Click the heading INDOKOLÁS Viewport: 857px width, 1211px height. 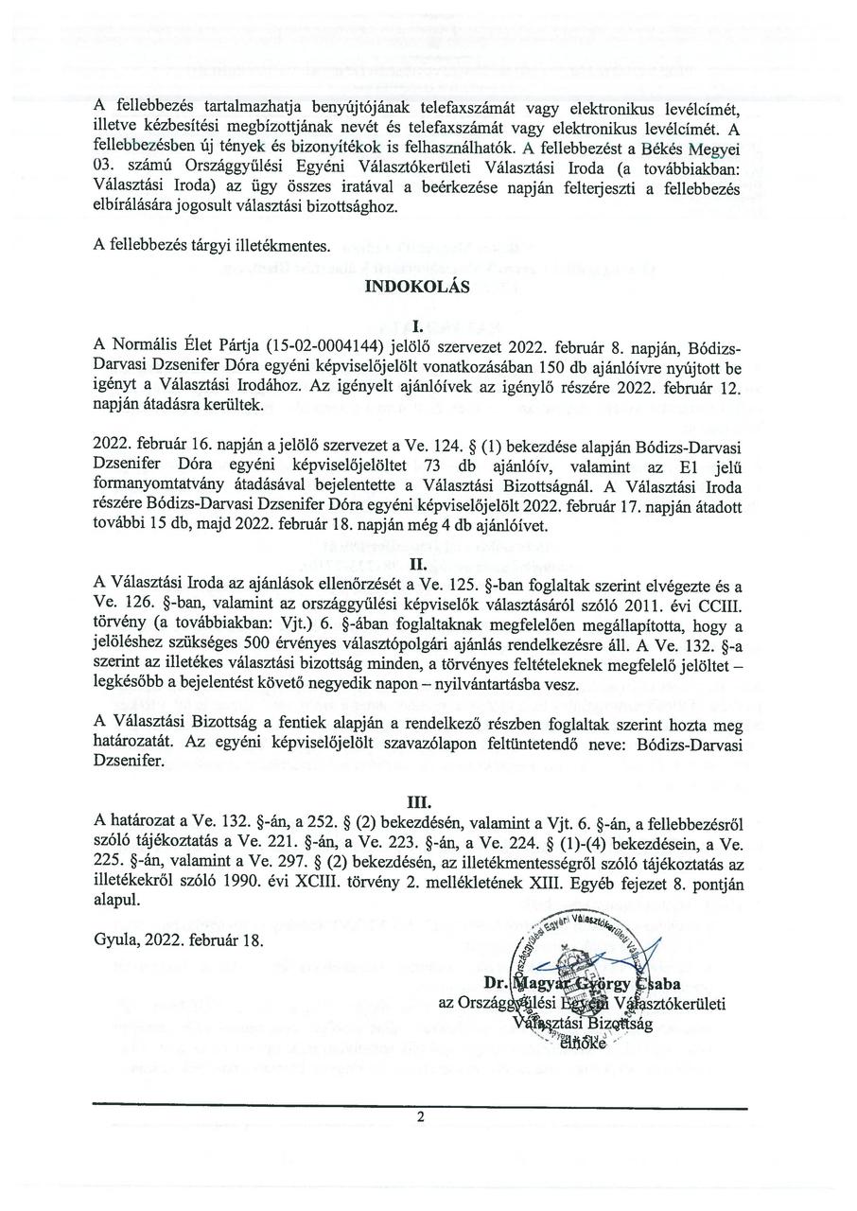click(x=417, y=290)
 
